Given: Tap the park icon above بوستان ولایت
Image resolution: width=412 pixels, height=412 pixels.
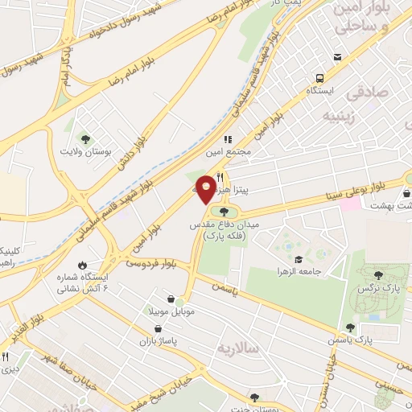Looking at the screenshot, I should coord(87,138).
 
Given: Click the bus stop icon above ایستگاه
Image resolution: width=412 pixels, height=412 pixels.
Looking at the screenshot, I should coord(320,78).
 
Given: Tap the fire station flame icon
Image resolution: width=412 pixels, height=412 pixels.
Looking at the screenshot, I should coord(81,265).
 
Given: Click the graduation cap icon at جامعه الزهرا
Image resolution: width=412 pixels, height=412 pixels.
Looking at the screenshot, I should coord(299,259).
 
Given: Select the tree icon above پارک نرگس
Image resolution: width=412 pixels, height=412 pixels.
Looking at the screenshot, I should coord(378,275).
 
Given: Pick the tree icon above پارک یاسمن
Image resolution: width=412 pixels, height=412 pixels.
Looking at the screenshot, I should coord(350,328).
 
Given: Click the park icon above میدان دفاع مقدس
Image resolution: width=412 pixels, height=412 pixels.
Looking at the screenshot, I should coord(224,212).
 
